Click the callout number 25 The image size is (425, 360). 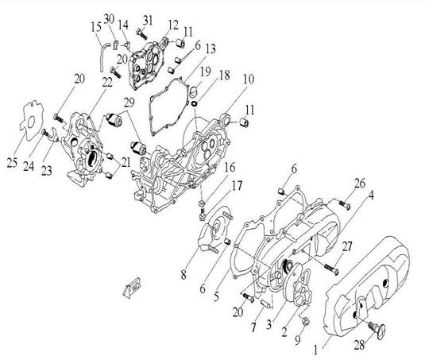pyautogui.click(x=12, y=162)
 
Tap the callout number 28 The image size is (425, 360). pyautogui.click(x=359, y=345)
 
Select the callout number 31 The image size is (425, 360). pyautogui.click(x=148, y=21)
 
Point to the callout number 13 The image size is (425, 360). pyautogui.click(x=211, y=48)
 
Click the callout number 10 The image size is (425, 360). pyautogui.click(x=249, y=79)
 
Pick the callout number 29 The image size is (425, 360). pyautogui.click(x=129, y=103)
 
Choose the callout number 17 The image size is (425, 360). pyautogui.click(x=237, y=186)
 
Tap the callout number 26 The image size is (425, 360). pyautogui.click(x=360, y=184)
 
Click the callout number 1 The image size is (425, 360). pyautogui.click(x=315, y=350)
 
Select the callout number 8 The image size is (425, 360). pyautogui.click(x=184, y=275)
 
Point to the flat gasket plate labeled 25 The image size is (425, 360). pyautogui.click(x=32, y=121)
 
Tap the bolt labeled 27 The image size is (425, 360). pyautogui.click(x=330, y=269)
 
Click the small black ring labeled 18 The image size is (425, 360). pyautogui.click(x=195, y=103)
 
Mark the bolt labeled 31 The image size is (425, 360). pyautogui.click(x=141, y=34)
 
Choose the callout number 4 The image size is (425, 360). pyautogui.click(x=371, y=195)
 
